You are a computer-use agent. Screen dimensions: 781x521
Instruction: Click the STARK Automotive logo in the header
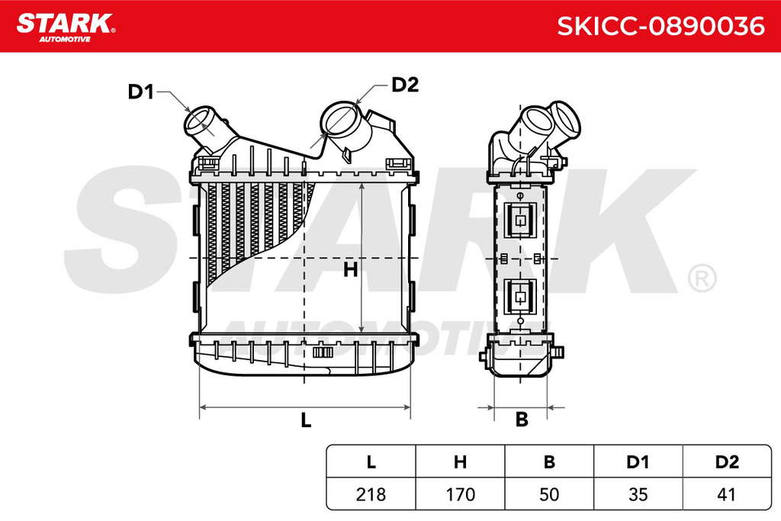66,27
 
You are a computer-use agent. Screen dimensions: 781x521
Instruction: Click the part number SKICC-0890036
660,26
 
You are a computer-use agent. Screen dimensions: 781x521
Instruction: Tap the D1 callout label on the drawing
141,92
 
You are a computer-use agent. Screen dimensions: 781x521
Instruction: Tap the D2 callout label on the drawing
405,85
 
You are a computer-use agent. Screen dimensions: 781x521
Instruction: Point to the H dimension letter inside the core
350,270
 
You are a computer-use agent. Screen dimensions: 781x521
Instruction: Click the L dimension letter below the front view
306,420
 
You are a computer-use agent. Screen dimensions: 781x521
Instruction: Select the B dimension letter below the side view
522,420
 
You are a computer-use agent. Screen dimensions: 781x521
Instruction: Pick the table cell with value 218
371,494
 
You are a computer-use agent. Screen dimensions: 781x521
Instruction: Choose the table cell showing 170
460,494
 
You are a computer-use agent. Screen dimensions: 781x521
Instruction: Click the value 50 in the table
549,494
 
